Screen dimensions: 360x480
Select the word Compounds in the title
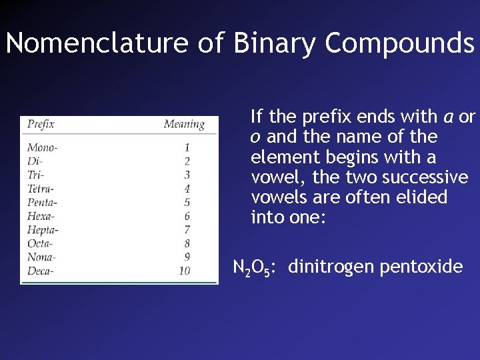[x=399, y=44]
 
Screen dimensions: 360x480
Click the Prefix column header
[x=41, y=124]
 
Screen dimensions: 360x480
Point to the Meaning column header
[x=183, y=124]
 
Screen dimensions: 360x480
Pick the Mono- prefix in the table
[x=42, y=147]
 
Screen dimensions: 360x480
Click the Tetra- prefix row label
[x=41, y=188]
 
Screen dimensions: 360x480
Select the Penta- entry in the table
[x=42, y=202]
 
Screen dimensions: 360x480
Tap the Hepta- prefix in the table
[x=43, y=230]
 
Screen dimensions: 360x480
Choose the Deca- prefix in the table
[x=41, y=271]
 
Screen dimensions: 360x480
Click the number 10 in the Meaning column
[x=184, y=271]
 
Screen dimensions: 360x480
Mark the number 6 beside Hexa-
[x=187, y=216]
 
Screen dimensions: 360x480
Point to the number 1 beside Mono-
[x=187, y=147]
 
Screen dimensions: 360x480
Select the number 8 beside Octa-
[x=187, y=243]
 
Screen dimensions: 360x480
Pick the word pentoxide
[x=421, y=267]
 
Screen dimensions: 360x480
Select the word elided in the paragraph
[x=423, y=197]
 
